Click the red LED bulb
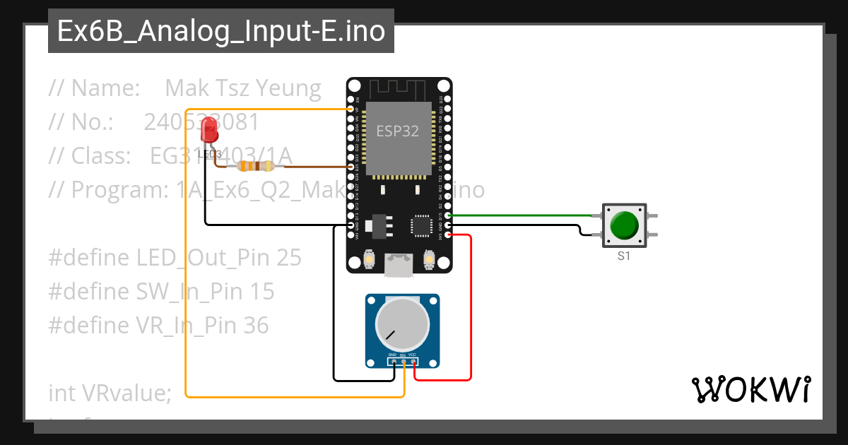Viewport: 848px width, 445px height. [x=209, y=130]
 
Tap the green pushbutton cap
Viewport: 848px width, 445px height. [x=623, y=225]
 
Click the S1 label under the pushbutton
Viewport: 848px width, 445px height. [x=623, y=256]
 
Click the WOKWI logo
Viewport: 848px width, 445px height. [x=750, y=389]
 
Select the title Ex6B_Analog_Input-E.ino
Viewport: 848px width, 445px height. [x=221, y=32]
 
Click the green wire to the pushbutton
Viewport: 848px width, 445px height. [x=523, y=215]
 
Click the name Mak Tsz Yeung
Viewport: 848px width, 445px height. [x=243, y=88]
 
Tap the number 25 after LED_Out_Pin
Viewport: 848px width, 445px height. [x=289, y=258]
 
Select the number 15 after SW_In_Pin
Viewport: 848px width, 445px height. [x=262, y=292]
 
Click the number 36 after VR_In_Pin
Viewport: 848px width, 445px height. [x=256, y=326]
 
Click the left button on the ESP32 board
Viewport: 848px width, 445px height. [x=368, y=261]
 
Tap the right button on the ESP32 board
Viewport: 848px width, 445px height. [x=428, y=261]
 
